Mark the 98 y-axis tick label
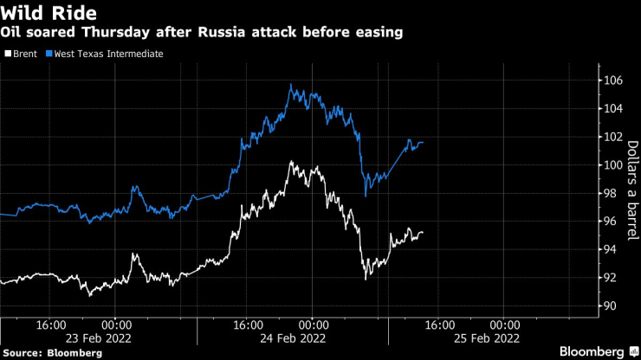point(612,193)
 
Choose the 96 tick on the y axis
point(612,222)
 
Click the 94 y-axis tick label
point(612,249)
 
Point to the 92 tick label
point(612,278)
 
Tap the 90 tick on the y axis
point(612,305)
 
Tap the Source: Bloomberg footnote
point(53,353)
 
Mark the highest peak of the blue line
point(290,84)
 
